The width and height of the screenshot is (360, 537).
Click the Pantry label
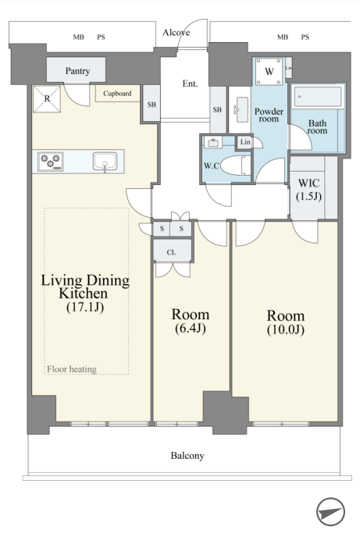[x=78, y=71]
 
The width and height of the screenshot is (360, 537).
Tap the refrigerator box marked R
[x=47, y=99]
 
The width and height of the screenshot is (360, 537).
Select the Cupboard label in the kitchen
[x=117, y=93]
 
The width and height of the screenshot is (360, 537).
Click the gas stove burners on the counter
[x=50, y=162]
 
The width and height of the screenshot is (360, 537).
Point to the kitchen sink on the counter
[x=105, y=162]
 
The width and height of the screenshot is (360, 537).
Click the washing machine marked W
[x=269, y=71]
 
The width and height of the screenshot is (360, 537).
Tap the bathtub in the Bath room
[x=318, y=96]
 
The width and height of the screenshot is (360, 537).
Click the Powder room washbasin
[x=242, y=109]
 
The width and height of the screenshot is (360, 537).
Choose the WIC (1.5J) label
[x=309, y=190]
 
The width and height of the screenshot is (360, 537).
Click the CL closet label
[x=171, y=252]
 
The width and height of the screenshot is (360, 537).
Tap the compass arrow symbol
[x=330, y=512]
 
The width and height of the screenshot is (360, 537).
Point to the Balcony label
[x=187, y=456]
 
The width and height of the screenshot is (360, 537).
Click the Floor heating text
[x=72, y=369]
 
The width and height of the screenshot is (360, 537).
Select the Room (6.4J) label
[x=190, y=321]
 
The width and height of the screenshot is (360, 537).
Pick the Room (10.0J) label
[x=286, y=322]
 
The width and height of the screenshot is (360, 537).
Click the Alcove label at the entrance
[x=176, y=32]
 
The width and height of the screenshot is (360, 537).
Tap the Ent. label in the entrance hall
[x=190, y=84]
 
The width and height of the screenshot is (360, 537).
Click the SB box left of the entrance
[x=151, y=104]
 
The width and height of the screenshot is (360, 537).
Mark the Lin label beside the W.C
[x=245, y=142]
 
